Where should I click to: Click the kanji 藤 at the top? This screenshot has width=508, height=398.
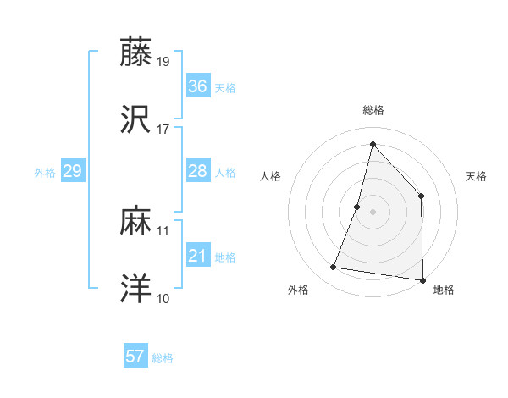coord(136,52)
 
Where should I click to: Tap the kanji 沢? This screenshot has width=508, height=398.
coord(136,121)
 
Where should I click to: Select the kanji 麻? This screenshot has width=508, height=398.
coord(136,222)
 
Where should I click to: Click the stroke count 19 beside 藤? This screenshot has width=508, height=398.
coord(163,61)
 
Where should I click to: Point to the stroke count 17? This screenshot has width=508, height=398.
coord(163,130)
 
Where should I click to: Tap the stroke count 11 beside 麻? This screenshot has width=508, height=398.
coord(163,230)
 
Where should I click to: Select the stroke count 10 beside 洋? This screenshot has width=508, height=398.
coord(163,299)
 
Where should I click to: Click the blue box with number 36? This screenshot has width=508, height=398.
coord(197,86)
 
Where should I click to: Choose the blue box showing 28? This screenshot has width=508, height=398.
coord(197,171)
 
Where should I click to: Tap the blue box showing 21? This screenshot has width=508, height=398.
coord(197,256)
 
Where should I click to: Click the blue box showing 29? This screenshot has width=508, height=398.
coord(72,171)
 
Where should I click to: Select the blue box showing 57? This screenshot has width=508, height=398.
coord(135,357)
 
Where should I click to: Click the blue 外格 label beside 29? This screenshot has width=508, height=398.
coord(45,173)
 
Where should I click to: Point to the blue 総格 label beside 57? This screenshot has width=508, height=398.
coord(163,358)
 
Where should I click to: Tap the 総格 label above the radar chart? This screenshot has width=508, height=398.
coord(373,110)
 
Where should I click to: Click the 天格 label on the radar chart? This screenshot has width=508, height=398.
coord(477,176)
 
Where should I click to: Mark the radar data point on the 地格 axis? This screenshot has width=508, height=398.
coord(422,280)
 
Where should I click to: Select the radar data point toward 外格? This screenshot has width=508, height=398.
coord(334,268)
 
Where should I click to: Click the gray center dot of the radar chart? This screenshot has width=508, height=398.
coord(373,211)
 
